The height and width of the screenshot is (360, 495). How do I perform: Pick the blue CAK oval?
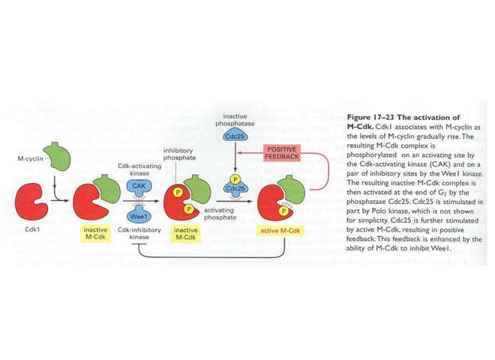click(138, 184)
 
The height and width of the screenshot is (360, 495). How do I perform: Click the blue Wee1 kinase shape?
click(138, 212)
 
